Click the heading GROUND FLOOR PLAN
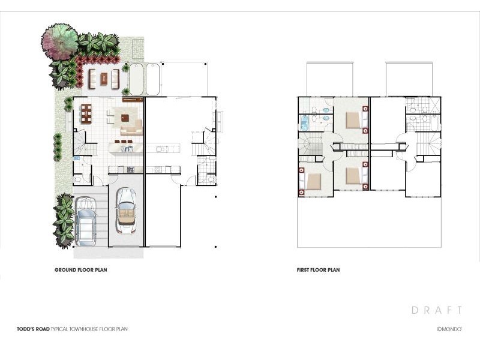81,271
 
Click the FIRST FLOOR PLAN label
318,271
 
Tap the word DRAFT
437,310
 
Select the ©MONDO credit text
449,329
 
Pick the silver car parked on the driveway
85,220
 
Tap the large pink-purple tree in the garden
59,41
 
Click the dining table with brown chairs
86,113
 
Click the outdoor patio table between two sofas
104,79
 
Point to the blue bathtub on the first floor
304,123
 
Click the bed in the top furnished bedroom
355,119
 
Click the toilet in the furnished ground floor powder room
78,179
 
